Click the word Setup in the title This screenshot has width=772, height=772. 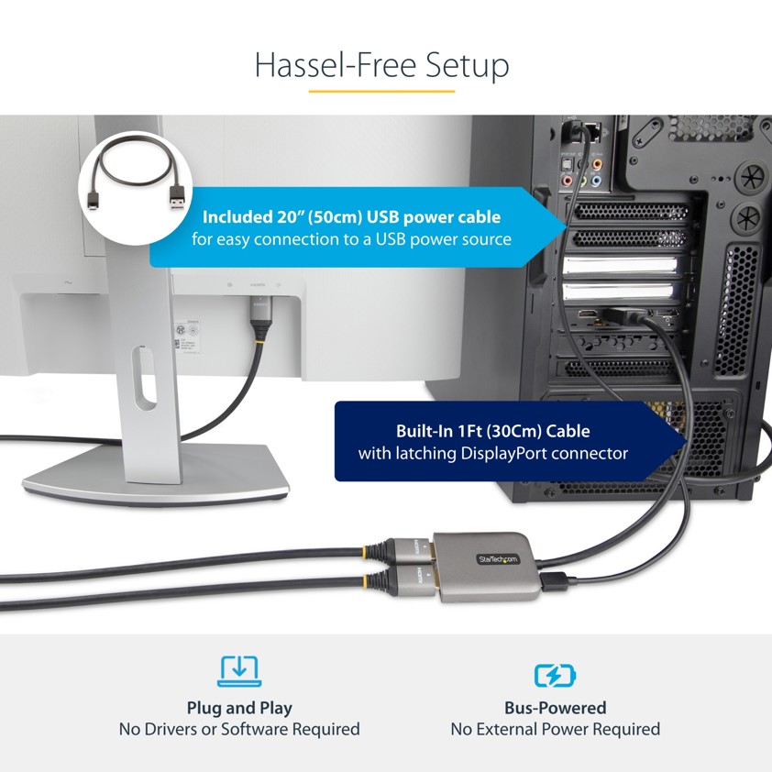click(x=467, y=66)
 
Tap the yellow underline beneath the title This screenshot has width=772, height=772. click(x=381, y=91)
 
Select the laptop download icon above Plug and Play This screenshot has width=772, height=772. click(x=239, y=671)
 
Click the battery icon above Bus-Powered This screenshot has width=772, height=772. click(x=555, y=675)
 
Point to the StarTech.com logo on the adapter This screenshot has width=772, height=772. click(x=498, y=559)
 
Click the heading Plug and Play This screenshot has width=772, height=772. click(x=239, y=708)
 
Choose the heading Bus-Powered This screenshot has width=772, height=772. click(x=555, y=708)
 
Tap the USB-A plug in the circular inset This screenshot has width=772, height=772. click(x=177, y=198)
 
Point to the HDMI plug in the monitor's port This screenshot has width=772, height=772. click(x=259, y=314)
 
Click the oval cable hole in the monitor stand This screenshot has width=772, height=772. click(x=144, y=378)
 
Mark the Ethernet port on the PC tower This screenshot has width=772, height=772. click(x=594, y=132)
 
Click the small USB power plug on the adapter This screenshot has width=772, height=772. click(x=554, y=581)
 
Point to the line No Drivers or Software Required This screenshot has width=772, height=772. click(x=239, y=729)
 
